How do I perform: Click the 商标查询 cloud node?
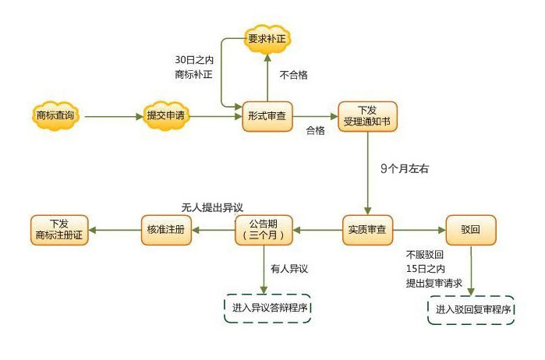point(55,117)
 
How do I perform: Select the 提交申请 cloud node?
point(166,117)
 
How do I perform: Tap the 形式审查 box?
point(265,117)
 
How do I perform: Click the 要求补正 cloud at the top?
point(265,39)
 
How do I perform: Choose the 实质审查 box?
point(368,230)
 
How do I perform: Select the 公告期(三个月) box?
point(267,230)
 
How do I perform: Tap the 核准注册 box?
point(165,230)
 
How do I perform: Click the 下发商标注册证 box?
point(58,230)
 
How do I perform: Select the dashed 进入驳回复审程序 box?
point(473,309)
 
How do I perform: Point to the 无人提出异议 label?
point(212,208)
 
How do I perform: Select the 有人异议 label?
point(290,269)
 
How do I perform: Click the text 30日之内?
point(195,60)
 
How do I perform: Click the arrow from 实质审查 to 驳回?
point(419,230)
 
